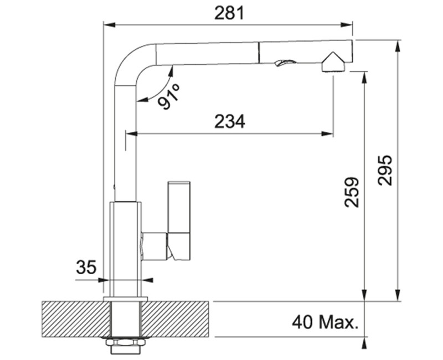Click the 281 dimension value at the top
229,13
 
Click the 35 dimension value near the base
86,268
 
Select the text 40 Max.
323,322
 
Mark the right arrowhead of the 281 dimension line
349,24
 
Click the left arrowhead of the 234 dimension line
131,133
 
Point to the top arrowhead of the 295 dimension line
397,44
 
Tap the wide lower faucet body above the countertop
126,249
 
